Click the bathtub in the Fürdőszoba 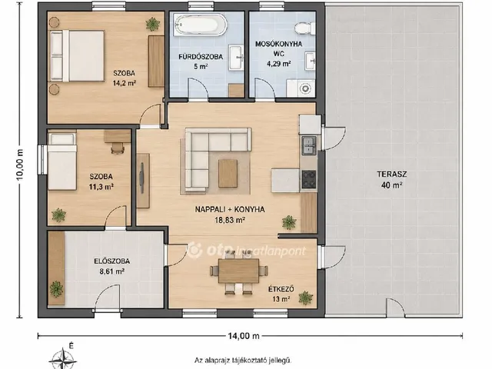(201, 25)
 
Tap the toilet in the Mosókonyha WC (304, 28)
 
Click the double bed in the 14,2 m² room (77, 56)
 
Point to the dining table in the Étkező (238, 271)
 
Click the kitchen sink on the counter (309, 145)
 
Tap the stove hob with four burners (309, 179)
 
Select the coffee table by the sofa (228, 173)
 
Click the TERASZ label (392, 175)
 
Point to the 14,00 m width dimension (244, 336)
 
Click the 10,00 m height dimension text (20, 165)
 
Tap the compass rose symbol (63, 359)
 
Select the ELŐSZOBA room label (112, 261)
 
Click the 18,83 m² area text (230, 220)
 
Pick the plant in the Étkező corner (306, 298)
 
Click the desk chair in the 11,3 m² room (118, 148)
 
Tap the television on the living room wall (141, 178)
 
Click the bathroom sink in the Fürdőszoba (236, 58)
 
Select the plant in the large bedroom (153, 24)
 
